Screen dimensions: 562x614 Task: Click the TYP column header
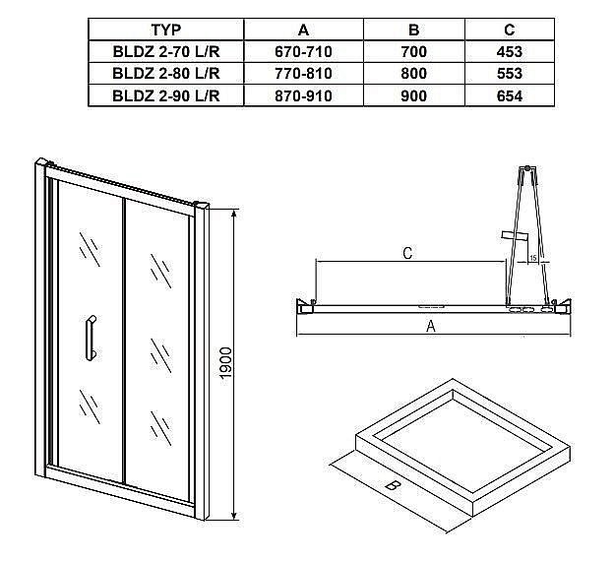click(165, 29)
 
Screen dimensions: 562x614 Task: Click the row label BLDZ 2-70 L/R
click(165, 51)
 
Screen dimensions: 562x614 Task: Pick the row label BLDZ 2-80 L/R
click(165, 73)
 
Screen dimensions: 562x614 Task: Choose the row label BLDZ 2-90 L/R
click(165, 95)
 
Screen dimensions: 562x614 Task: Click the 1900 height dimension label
click(225, 366)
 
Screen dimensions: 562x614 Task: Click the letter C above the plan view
click(407, 254)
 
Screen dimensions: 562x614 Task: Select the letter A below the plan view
click(430, 328)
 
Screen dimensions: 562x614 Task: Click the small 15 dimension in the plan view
click(531, 258)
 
